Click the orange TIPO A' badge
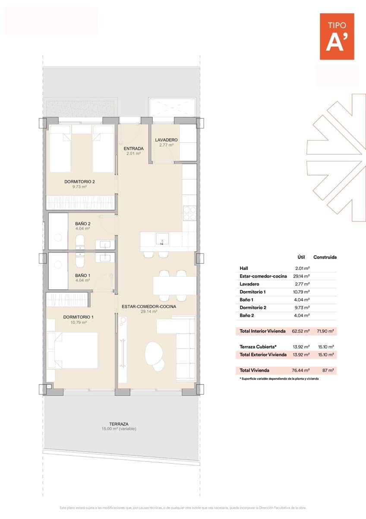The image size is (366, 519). [337, 36]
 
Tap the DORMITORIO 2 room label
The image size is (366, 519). [79, 182]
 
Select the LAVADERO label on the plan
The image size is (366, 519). [166, 140]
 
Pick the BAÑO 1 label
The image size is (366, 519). [82, 275]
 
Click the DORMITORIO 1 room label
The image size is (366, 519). [79, 317]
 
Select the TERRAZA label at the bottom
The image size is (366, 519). [119, 424]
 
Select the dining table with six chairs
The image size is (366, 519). [175, 285]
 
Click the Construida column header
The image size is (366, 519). [325, 257]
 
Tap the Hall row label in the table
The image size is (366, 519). [244, 268]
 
